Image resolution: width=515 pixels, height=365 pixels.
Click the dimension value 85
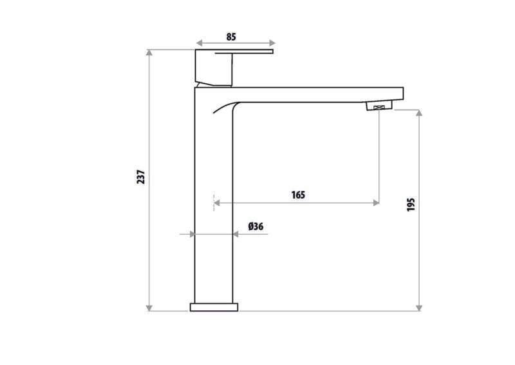(x=231, y=37)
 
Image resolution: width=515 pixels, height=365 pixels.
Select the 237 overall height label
(x=141, y=177)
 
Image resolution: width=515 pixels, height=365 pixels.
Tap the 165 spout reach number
(x=298, y=195)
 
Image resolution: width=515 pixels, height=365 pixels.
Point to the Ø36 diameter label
(x=256, y=226)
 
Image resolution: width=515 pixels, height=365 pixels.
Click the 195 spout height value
(x=411, y=204)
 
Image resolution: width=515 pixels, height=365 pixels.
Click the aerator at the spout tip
(x=379, y=106)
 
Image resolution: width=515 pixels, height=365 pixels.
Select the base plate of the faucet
(x=214, y=307)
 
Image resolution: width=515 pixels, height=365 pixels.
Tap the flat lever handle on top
(x=244, y=52)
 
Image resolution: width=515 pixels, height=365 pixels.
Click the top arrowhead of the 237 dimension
(x=149, y=53)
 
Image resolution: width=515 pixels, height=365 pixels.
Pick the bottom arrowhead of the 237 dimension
(x=149, y=308)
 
